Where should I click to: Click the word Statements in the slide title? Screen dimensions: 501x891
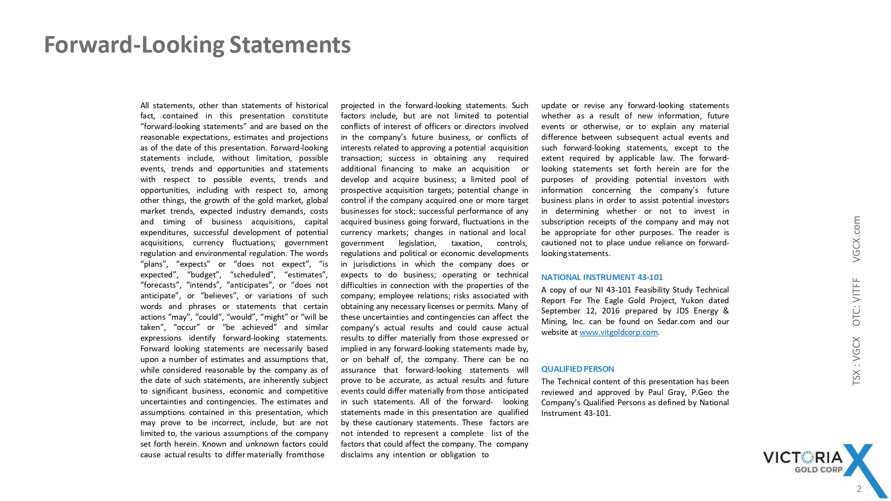click(x=290, y=45)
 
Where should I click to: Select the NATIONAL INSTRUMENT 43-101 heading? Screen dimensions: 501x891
click(x=602, y=277)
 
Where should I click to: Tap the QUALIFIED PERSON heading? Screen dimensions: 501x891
click(x=577, y=369)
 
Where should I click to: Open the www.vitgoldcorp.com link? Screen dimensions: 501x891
click(x=618, y=332)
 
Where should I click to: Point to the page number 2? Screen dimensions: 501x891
click(x=859, y=489)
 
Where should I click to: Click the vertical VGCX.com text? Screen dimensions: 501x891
click(x=856, y=239)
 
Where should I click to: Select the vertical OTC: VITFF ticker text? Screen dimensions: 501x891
click(x=856, y=302)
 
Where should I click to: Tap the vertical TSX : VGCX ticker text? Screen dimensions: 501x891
click(x=856, y=361)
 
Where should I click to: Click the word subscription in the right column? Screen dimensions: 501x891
click(x=562, y=222)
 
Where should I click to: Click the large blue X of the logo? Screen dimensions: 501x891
click(x=862, y=468)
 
